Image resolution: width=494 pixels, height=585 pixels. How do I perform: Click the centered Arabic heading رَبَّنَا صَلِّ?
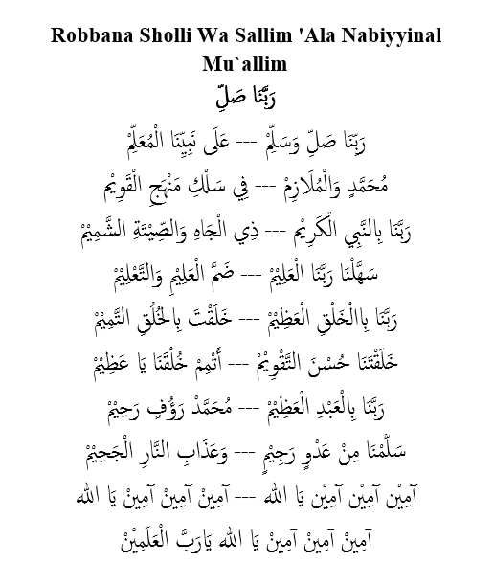tap(247, 97)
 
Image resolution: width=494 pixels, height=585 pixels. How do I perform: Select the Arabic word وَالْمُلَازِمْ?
tap(292, 181)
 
